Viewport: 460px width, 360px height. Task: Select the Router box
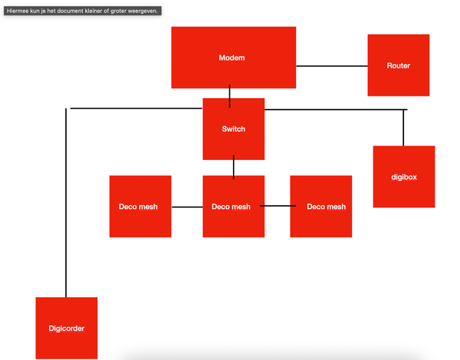tap(398, 65)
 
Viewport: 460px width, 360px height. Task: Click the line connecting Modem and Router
tap(332, 66)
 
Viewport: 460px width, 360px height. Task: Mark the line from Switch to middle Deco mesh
tap(234, 167)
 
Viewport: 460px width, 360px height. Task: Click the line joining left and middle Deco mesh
tap(186, 207)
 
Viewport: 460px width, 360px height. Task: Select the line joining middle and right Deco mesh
tap(277, 206)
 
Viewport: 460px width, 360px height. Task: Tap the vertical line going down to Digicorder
tap(66, 207)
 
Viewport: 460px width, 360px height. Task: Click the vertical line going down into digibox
tap(403, 128)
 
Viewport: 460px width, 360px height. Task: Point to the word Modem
tap(232, 58)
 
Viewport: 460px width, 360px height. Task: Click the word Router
tap(399, 66)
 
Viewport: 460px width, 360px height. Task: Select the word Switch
tap(234, 129)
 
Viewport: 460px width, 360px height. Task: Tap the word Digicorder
tap(67, 329)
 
